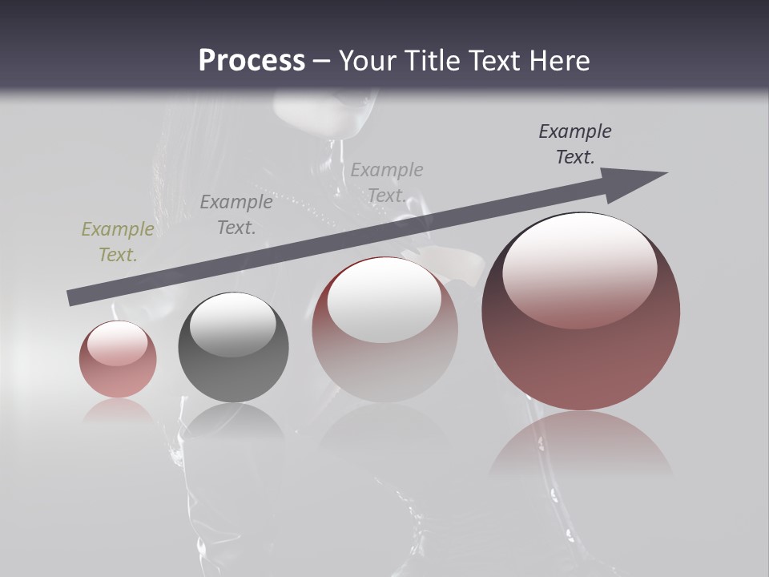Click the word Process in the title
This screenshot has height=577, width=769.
pos(252,61)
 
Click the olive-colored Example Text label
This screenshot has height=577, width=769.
pos(118,242)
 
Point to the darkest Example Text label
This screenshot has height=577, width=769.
pos(575,144)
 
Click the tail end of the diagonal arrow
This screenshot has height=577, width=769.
pos(74,298)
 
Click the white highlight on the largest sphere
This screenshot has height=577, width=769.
pos(579,268)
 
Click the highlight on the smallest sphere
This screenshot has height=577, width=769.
pos(118,343)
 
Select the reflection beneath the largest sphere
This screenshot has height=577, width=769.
pos(581,445)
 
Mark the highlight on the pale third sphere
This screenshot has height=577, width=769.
pos(384,301)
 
